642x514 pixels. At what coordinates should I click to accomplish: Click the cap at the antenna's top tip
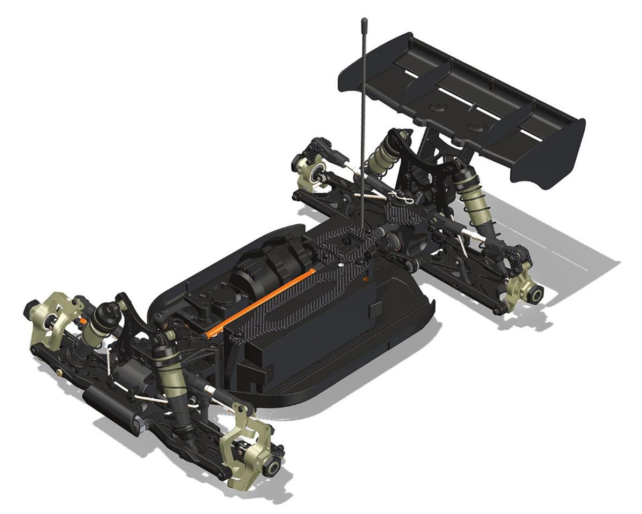pos(364,22)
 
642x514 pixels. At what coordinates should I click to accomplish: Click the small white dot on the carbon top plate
pos(341,264)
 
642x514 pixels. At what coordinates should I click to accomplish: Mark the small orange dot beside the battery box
pos(365,279)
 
